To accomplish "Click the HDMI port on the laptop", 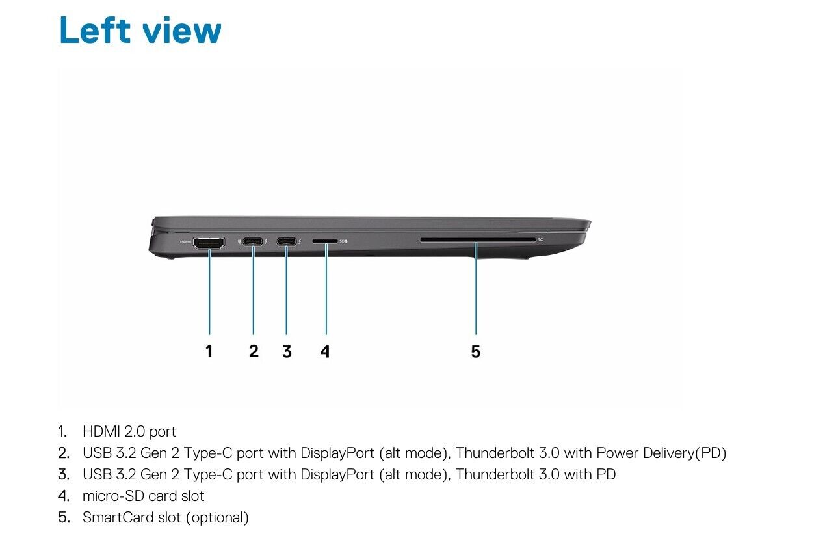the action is [209, 243].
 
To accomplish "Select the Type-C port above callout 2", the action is [253, 242].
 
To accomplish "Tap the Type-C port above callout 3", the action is [287, 242].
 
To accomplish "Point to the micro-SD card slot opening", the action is [325, 241].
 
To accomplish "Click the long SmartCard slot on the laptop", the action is [478, 240].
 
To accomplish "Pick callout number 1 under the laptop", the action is [209, 351].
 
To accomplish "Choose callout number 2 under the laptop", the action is [254, 351].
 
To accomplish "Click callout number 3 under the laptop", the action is [287, 351].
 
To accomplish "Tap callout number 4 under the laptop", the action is [325, 351].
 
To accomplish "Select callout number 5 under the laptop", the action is [475, 351].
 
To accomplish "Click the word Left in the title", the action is [95, 30].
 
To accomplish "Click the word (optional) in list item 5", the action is [217, 518].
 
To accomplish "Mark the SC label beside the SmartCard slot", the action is [540, 240].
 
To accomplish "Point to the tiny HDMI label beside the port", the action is [185, 242].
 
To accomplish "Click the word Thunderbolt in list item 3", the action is [495, 474].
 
